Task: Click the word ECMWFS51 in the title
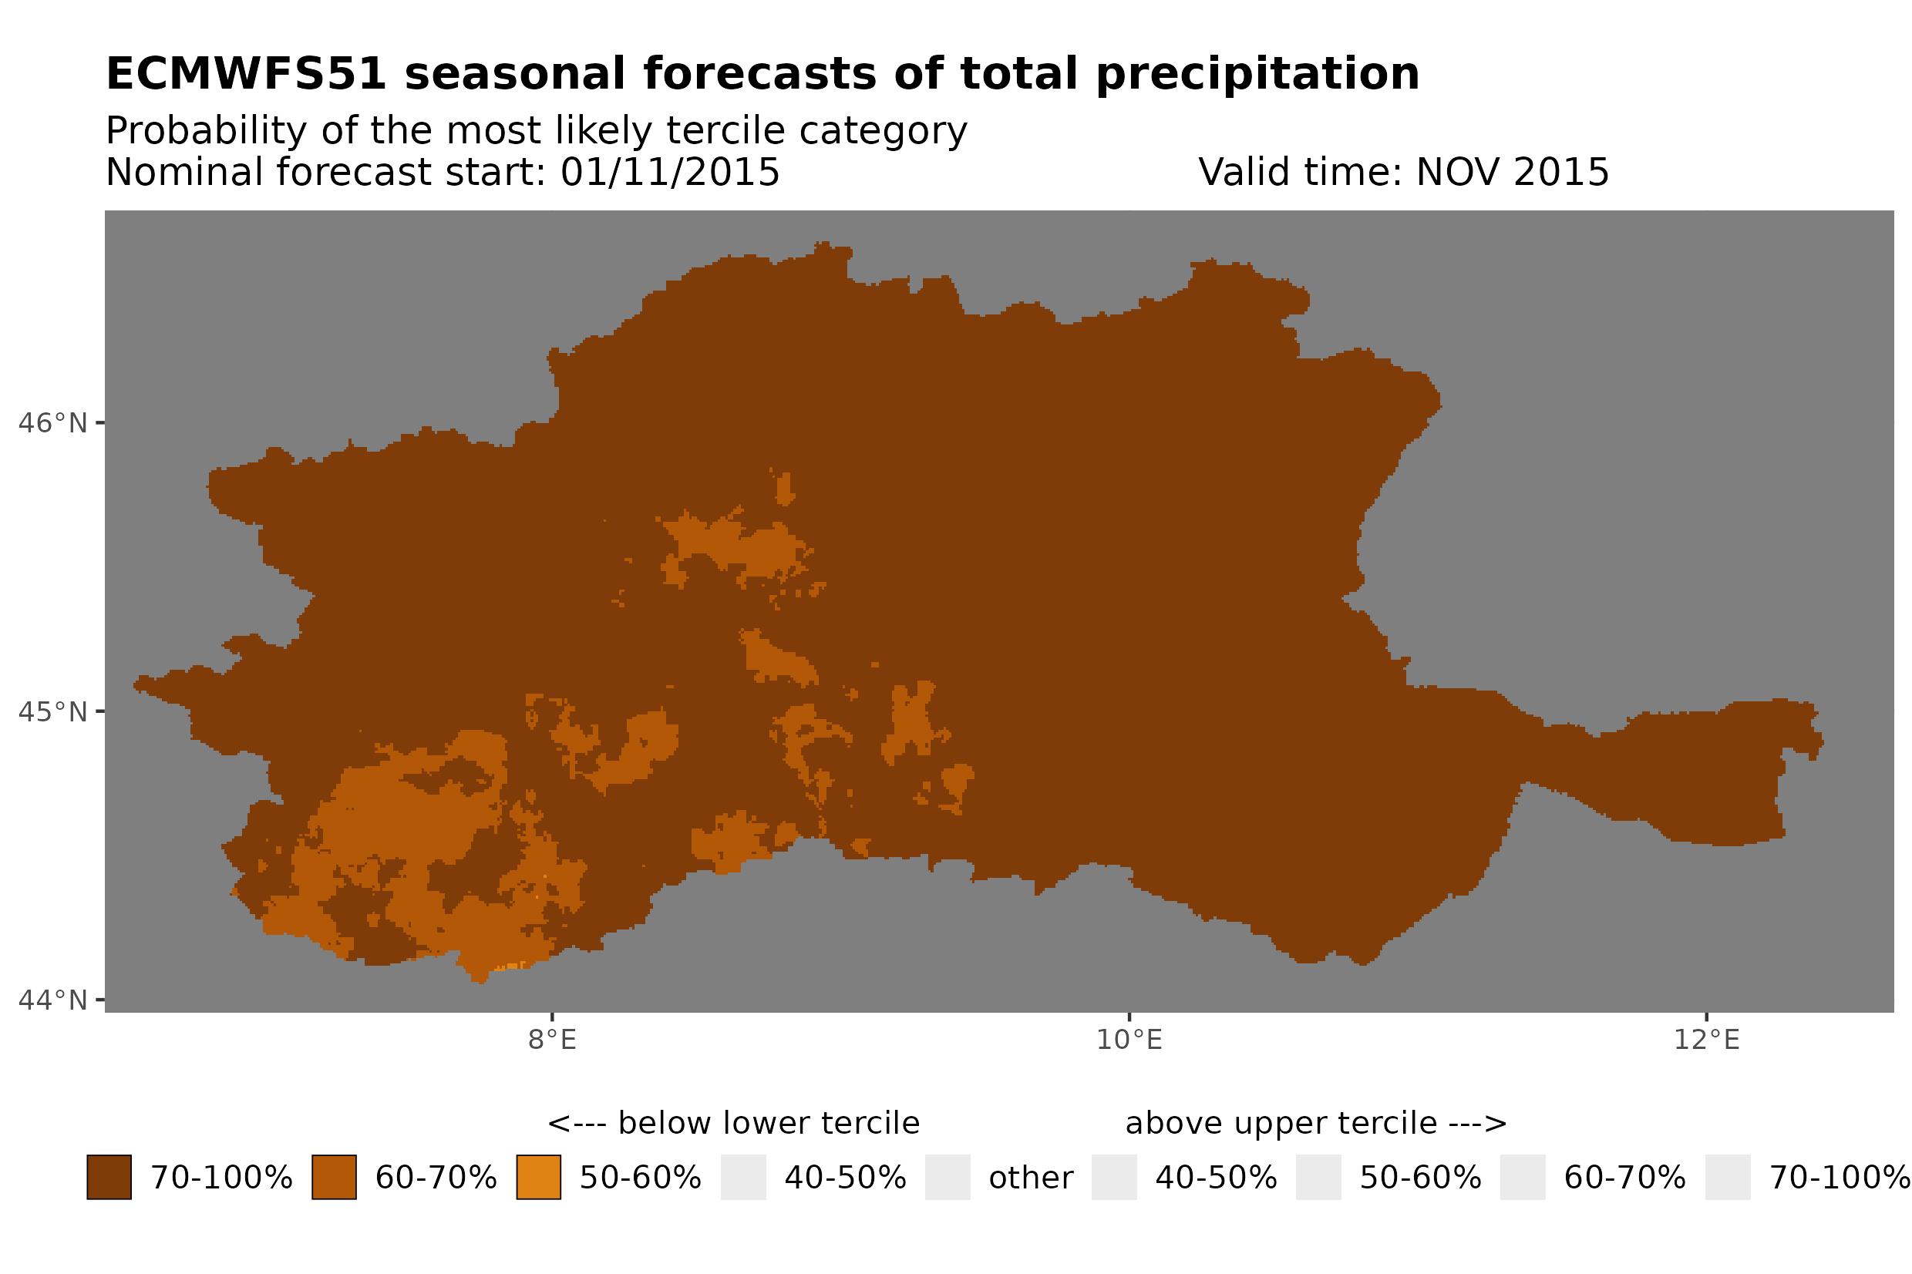tap(245, 74)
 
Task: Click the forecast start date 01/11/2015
tap(669, 172)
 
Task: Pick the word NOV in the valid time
tap(1449, 172)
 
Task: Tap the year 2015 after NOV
tap(1560, 172)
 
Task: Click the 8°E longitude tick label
tap(552, 1040)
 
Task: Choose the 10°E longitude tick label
tap(1129, 1040)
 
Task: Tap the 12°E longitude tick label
tap(1705, 1040)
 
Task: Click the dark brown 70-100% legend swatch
tap(109, 1178)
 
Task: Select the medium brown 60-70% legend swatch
tap(334, 1178)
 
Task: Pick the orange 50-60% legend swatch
tap(538, 1178)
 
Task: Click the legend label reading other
tap(1030, 1178)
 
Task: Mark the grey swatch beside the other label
tap(948, 1178)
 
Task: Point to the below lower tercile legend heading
tap(733, 1124)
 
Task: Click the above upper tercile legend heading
tap(1315, 1124)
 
